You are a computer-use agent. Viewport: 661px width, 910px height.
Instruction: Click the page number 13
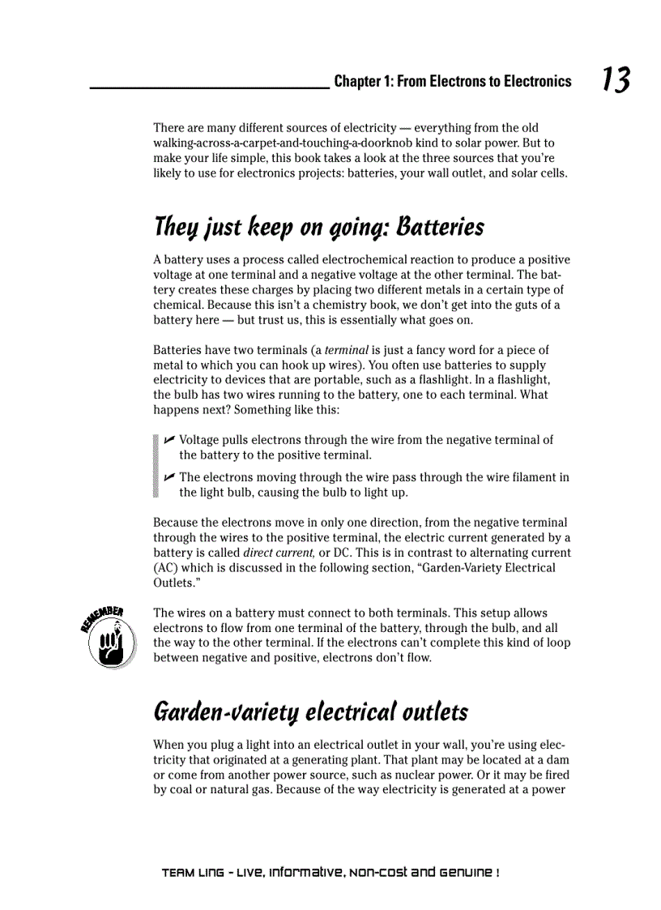(x=616, y=80)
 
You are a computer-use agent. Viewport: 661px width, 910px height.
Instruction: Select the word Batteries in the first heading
(x=439, y=228)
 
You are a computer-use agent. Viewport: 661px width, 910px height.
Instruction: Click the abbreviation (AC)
(x=167, y=568)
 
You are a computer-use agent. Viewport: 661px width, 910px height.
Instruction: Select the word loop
(x=559, y=643)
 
